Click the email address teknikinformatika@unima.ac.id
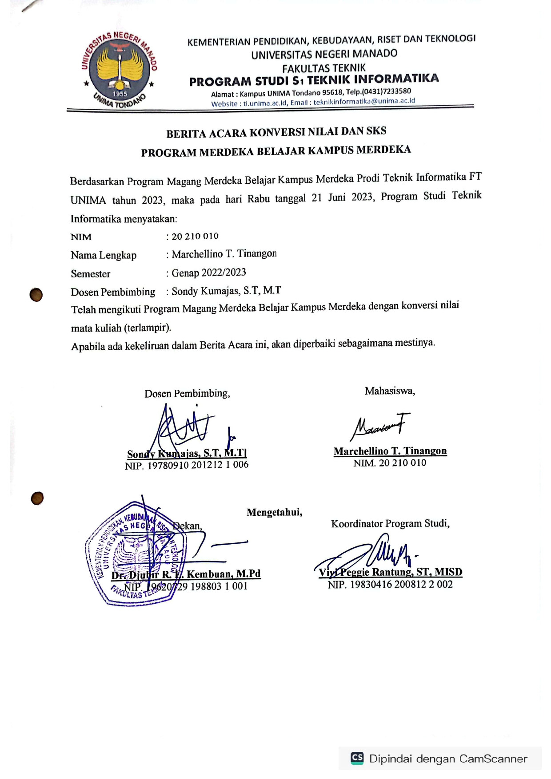pos(364,102)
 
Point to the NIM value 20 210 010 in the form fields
pos(195,236)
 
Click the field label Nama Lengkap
pos(104,255)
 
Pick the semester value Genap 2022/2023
pos(208,273)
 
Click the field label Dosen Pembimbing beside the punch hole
pos(113,292)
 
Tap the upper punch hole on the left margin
pos(36,295)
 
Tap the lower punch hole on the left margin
pos(37,498)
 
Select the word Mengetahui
pos(274,512)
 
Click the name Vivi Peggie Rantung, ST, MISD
pos(390,572)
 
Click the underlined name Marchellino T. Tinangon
pos(390,451)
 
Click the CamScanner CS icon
pos(357,758)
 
